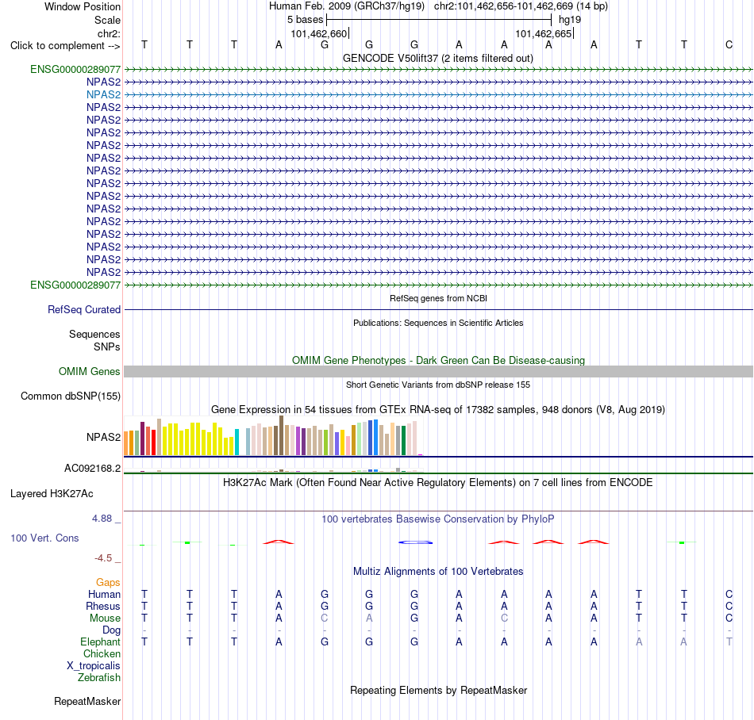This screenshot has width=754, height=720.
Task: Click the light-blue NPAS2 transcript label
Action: [103, 94]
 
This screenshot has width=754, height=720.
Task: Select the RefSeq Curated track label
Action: [84, 310]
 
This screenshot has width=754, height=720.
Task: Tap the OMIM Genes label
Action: [90, 371]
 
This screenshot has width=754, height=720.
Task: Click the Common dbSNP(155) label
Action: [71, 396]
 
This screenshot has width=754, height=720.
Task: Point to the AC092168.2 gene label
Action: [93, 469]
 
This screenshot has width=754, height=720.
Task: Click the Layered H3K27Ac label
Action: [52, 494]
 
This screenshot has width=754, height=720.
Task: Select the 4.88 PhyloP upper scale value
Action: [102, 519]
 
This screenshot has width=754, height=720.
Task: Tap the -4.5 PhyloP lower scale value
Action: [103, 558]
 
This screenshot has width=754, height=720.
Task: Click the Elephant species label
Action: [101, 642]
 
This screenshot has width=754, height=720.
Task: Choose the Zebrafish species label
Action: [99, 678]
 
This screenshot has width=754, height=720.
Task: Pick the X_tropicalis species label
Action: [94, 666]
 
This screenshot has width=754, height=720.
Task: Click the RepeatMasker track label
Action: [87, 702]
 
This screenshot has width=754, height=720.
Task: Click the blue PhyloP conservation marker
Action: [415, 542]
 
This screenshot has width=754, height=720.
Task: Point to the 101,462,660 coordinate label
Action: [318, 34]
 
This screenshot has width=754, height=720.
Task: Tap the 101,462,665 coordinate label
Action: [544, 34]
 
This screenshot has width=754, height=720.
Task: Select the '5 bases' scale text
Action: [306, 20]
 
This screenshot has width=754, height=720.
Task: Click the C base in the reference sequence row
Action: [729, 45]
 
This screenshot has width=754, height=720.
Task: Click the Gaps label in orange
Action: [108, 583]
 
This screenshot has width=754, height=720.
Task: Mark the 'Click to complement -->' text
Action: [65, 46]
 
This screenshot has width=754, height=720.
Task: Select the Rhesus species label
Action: [103, 606]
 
